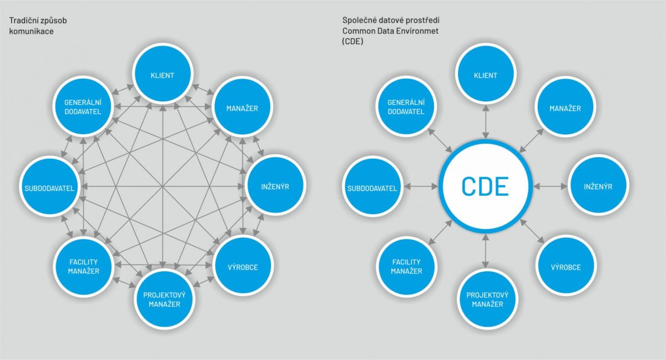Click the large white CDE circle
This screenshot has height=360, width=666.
485,187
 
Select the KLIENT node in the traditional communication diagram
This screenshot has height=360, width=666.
163,74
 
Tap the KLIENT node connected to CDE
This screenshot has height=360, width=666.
485,74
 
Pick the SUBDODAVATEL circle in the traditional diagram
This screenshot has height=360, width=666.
49,187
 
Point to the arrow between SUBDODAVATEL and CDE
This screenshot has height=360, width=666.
421,187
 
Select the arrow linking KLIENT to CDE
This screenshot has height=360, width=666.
486,122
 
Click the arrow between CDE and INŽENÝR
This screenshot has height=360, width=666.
551,187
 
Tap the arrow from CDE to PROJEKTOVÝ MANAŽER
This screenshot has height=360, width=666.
486,251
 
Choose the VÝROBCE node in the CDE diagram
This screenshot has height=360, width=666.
566,266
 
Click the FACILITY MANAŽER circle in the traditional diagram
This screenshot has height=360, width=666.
84,266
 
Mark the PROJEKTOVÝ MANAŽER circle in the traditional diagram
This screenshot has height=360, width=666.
164,299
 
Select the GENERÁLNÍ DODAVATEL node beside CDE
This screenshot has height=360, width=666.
406,107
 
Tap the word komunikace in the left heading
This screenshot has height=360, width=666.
32,31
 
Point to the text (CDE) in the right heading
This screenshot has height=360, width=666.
352,41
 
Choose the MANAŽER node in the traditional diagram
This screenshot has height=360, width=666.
242,107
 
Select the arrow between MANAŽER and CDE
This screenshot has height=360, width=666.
531,140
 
